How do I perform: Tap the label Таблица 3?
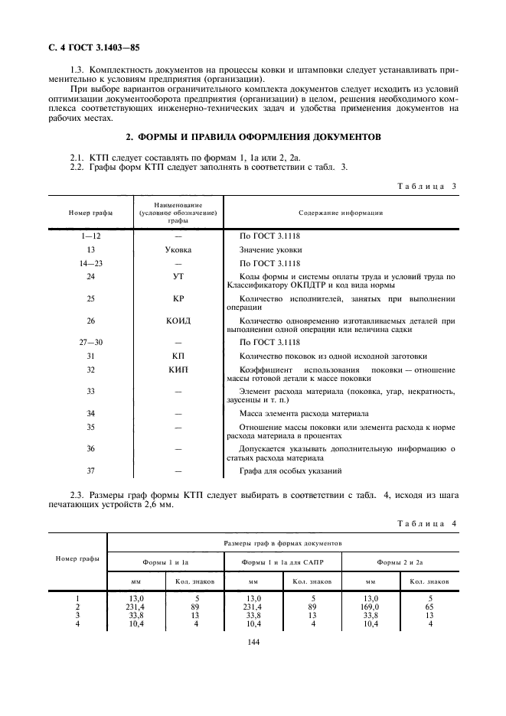click(427, 186)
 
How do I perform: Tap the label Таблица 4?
click(427, 522)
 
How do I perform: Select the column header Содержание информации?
click(341, 213)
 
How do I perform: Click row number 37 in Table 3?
click(91, 470)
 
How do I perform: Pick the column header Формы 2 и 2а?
click(400, 562)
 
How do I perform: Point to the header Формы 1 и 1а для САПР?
click(282, 562)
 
